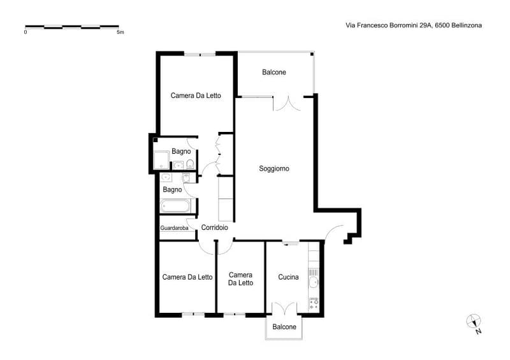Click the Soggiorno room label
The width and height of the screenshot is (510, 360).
pyautogui.click(x=274, y=168)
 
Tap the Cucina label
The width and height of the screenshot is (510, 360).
pyautogui.click(x=288, y=277)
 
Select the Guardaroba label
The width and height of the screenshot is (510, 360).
pyautogui.click(x=174, y=228)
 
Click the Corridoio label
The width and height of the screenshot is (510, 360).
pyautogui.click(x=214, y=227)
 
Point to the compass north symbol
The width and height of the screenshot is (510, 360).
pyautogui.click(x=474, y=323)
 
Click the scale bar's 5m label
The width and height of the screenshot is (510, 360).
pyautogui.click(x=120, y=32)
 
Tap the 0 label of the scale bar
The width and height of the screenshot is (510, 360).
pyautogui.click(x=25, y=32)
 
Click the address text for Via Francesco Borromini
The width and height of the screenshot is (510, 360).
pyautogui.click(x=414, y=25)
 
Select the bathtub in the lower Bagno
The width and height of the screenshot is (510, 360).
pyautogui.click(x=175, y=206)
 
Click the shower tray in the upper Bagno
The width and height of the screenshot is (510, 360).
pyautogui.click(x=161, y=160)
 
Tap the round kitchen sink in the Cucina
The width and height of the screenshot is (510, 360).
pyautogui.click(x=314, y=282)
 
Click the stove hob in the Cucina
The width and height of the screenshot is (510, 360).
pyautogui.click(x=314, y=303)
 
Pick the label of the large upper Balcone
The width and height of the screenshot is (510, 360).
pyautogui.click(x=274, y=72)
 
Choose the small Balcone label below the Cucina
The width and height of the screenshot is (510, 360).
pyautogui.click(x=284, y=327)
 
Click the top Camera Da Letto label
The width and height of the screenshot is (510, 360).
pyautogui.click(x=196, y=96)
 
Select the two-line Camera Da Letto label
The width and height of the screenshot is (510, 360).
pyautogui.click(x=241, y=279)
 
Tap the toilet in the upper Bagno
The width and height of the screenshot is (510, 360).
pyautogui.click(x=190, y=164)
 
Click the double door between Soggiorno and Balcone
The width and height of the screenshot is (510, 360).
pyautogui.click(x=288, y=103)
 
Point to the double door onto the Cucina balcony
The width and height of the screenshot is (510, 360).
pyautogui.click(x=284, y=308)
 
